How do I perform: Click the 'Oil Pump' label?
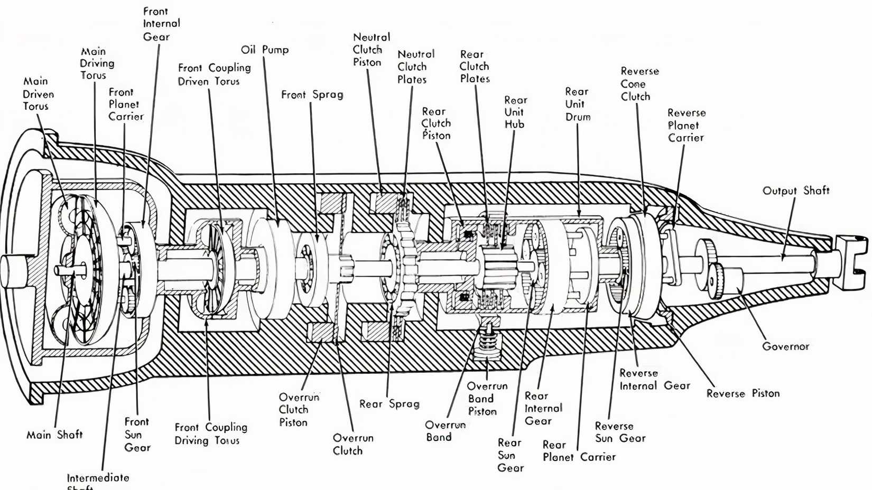pyautogui.click(x=265, y=50)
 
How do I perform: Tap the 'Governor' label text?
pyautogui.click(x=785, y=346)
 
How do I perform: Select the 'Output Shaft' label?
pyautogui.click(x=795, y=191)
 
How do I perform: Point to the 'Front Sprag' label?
pyautogui.click(x=312, y=95)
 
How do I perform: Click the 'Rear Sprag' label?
pyautogui.click(x=389, y=404)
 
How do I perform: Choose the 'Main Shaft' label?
pyautogui.click(x=54, y=435)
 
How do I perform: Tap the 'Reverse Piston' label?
pyautogui.click(x=743, y=393)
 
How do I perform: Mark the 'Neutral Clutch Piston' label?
pyautogui.click(x=371, y=50)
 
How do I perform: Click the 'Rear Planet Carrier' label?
pyautogui.click(x=579, y=451)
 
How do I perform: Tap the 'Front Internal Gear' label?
pyautogui.click(x=161, y=24)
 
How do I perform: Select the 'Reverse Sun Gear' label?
pyautogui.click(x=620, y=432)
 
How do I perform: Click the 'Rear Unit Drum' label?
pyautogui.click(x=577, y=105)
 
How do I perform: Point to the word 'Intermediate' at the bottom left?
pyautogui.click(x=98, y=478)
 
